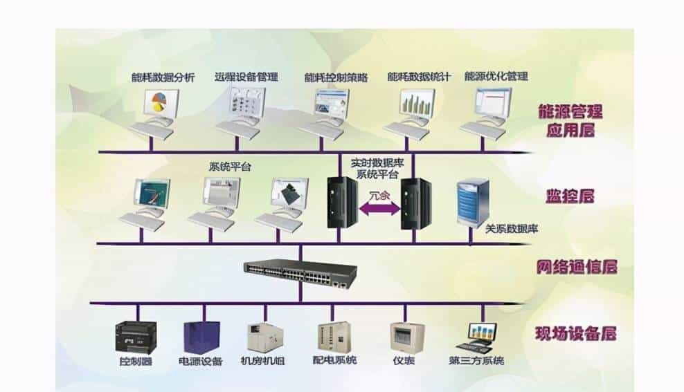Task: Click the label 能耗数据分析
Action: point(163,77)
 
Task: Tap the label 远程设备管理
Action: point(246,77)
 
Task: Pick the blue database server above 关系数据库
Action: point(474,201)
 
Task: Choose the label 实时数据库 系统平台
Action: point(379,167)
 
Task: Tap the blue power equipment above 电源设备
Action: point(201,337)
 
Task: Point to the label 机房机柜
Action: point(262,361)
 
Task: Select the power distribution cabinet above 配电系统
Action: point(331,337)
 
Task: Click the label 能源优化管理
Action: point(496,77)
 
